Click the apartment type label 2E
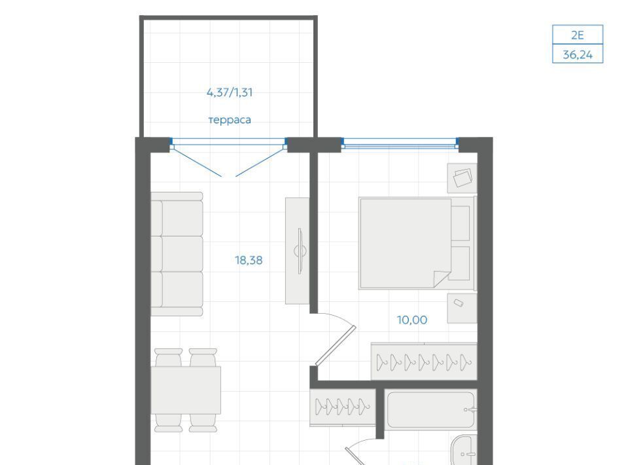click(577, 35)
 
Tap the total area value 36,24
click(578, 54)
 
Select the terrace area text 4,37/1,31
click(230, 92)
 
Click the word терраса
click(230, 120)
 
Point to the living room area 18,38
click(249, 260)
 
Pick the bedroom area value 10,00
click(411, 320)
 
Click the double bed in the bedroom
click(417, 243)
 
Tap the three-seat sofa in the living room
click(177, 253)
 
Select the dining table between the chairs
click(186, 390)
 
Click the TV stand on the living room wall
click(297, 251)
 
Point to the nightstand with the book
click(462, 178)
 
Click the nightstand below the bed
click(462, 308)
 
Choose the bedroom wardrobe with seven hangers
click(424, 361)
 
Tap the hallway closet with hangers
click(342, 407)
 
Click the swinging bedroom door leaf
click(336, 346)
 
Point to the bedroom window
click(400, 143)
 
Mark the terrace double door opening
click(229, 157)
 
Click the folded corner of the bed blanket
click(442, 278)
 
